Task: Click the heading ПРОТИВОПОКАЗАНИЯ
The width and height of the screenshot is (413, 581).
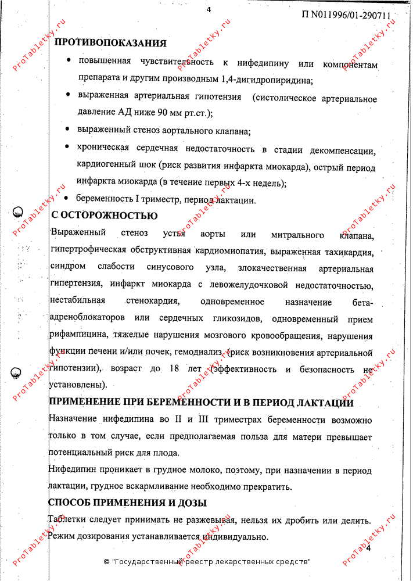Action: point(110,43)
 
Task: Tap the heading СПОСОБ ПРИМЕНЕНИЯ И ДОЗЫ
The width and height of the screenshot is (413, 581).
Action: point(127,503)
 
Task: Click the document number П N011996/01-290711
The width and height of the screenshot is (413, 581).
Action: point(346,16)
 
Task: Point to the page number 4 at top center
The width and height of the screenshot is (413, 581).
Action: point(209,8)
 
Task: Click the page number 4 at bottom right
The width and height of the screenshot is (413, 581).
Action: point(368,549)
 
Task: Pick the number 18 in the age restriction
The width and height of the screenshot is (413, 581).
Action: point(174,369)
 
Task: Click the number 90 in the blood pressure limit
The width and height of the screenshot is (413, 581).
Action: point(157,113)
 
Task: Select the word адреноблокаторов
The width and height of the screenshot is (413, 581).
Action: point(88,319)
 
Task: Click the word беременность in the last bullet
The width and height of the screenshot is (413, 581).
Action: point(104,200)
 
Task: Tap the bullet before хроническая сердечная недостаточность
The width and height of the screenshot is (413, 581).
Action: point(69,147)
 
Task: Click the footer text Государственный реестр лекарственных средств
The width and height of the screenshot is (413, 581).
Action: point(210,562)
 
